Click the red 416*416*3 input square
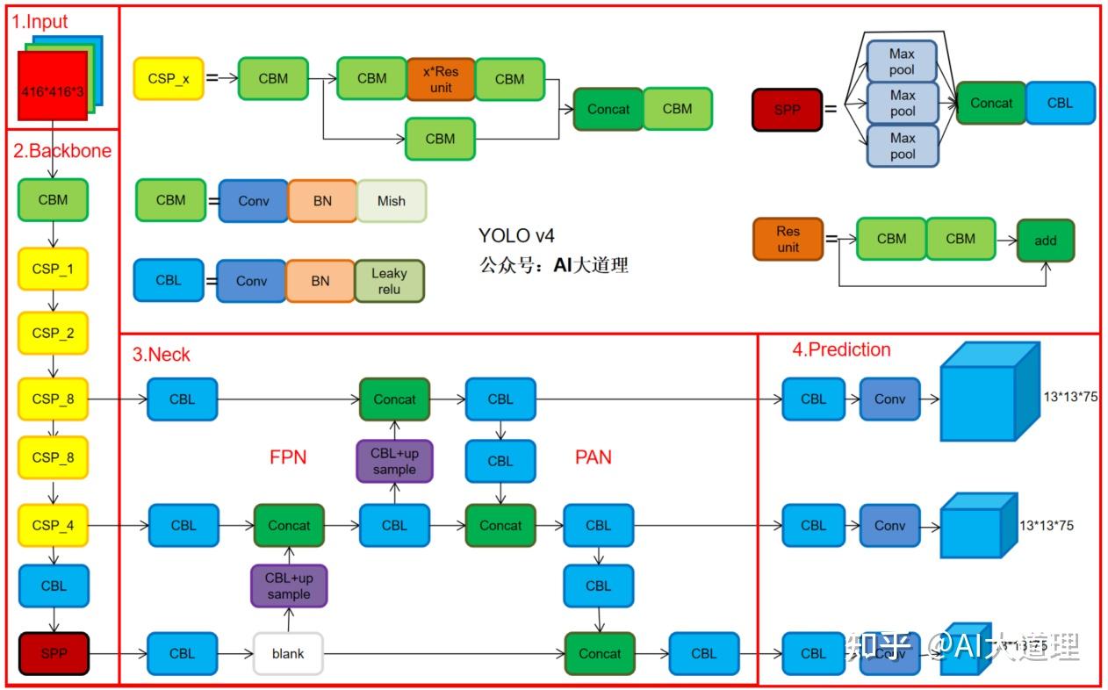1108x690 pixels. [x=53, y=85]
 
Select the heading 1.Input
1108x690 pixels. [x=40, y=22]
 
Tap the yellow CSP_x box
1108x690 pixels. [x=168, y=78]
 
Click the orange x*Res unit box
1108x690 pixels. [x=441, y=79]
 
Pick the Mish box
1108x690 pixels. [x=391, y=200]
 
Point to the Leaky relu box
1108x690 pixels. [x=389, y=281]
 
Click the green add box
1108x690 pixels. [x=1045, y=240]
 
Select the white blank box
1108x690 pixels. [x=288, y=653]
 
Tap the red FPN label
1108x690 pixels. [x=288, y=457]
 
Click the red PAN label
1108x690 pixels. [x=594, y=457]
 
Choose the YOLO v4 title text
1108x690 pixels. [x=516, y=235]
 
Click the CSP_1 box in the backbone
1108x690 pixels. [x=53, y=269]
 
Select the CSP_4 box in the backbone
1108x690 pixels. [x=53, y=525]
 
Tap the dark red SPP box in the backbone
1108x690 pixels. [x=54, y=653]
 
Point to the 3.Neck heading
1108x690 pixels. [x=161, y=355]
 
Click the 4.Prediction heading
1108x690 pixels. [x=841, y=349]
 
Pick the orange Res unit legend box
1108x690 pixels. [x=788, y=239]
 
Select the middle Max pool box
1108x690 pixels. [x=902, y=103]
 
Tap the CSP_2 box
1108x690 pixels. [x=53, y=333]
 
